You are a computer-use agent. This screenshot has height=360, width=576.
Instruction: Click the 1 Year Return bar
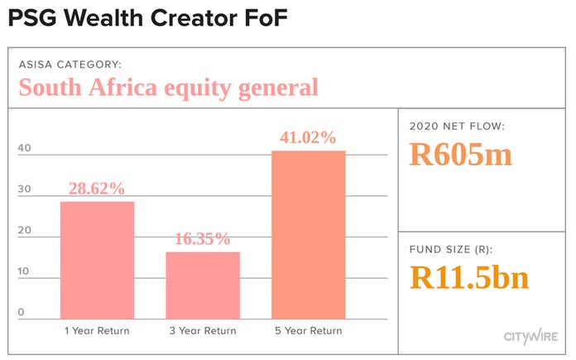(x=98, y=260)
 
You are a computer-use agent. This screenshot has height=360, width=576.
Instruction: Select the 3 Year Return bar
(x=203, y=286)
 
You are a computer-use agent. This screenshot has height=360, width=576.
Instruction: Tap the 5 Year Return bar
(x=309, y=235)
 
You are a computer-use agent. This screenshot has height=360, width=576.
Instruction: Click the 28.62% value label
(x=97, y=189)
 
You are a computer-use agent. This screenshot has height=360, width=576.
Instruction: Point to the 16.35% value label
(x=203, y=239)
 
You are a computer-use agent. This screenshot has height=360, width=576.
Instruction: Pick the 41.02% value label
(x=308, y=137)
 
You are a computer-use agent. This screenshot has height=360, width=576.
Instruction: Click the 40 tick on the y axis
(x=25, y=148)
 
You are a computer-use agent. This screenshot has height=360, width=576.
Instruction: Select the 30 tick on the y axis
(x=25, y=190)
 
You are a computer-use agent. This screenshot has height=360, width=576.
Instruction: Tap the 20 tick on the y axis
(x=25, y=230)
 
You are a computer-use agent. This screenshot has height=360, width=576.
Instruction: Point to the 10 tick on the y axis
(x=23, y=271)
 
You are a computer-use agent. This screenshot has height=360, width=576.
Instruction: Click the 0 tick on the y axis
(x=21, y=312)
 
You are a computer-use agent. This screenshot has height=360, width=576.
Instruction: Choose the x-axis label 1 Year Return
(x=97, y=331)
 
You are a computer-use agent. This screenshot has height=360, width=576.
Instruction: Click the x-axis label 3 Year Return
(x=203, y=331)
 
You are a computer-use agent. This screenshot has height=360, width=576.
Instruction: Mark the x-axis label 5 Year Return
(x=309, y=331)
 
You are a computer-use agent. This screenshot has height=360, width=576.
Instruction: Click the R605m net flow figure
(x=461, y=154)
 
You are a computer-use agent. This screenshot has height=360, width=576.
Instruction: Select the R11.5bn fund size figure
(x=469, y=277)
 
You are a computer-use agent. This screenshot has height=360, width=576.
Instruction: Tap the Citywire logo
(x=530, y=337)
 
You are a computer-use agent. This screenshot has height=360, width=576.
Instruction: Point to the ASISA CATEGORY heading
(x=70, y=65)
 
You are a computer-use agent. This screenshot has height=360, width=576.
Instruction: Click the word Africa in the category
(x=122, y=88)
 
